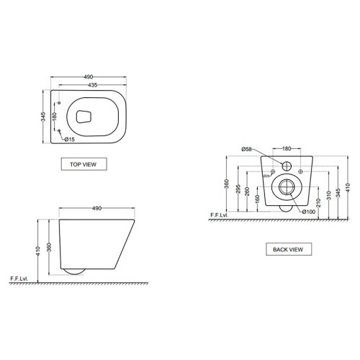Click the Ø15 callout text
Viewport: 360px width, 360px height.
pos(70,139)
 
